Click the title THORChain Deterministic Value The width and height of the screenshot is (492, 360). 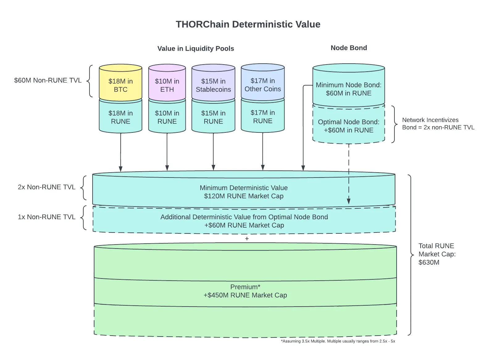click(x=248, y=24)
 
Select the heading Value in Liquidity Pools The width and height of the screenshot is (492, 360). click(x=196, y=48)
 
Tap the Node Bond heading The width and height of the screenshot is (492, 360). click(x=349, y=48)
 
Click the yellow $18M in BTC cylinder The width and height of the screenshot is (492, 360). click(x=121, y=83)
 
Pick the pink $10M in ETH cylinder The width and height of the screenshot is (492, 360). click(x=167, y=83)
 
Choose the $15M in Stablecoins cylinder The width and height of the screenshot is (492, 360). click(x=213, y=83)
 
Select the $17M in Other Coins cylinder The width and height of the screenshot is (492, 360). click(x=263, y=82)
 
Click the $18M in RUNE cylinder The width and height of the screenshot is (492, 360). click(x=121, y=117)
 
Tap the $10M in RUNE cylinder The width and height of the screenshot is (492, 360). click(x=167, y=117)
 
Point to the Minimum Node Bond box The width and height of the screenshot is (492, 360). click(x=348, y=86)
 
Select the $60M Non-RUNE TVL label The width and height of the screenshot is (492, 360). click(x=48, y=80)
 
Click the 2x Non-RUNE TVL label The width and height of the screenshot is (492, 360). click(x=47, y=187)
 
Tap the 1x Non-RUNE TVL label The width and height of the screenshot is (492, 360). click(x=47, y=217)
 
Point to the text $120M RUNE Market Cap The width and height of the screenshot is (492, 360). click(x=244, y=196)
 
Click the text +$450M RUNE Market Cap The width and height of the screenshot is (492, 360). click(x=245, y=295)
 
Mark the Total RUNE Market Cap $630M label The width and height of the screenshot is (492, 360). click(x=437, y=254)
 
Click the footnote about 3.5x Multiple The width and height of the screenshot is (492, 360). click(x=338, y=341)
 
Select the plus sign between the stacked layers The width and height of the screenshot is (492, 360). click(x=247, y=239)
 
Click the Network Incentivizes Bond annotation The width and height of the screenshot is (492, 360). click(x=438, y=124)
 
